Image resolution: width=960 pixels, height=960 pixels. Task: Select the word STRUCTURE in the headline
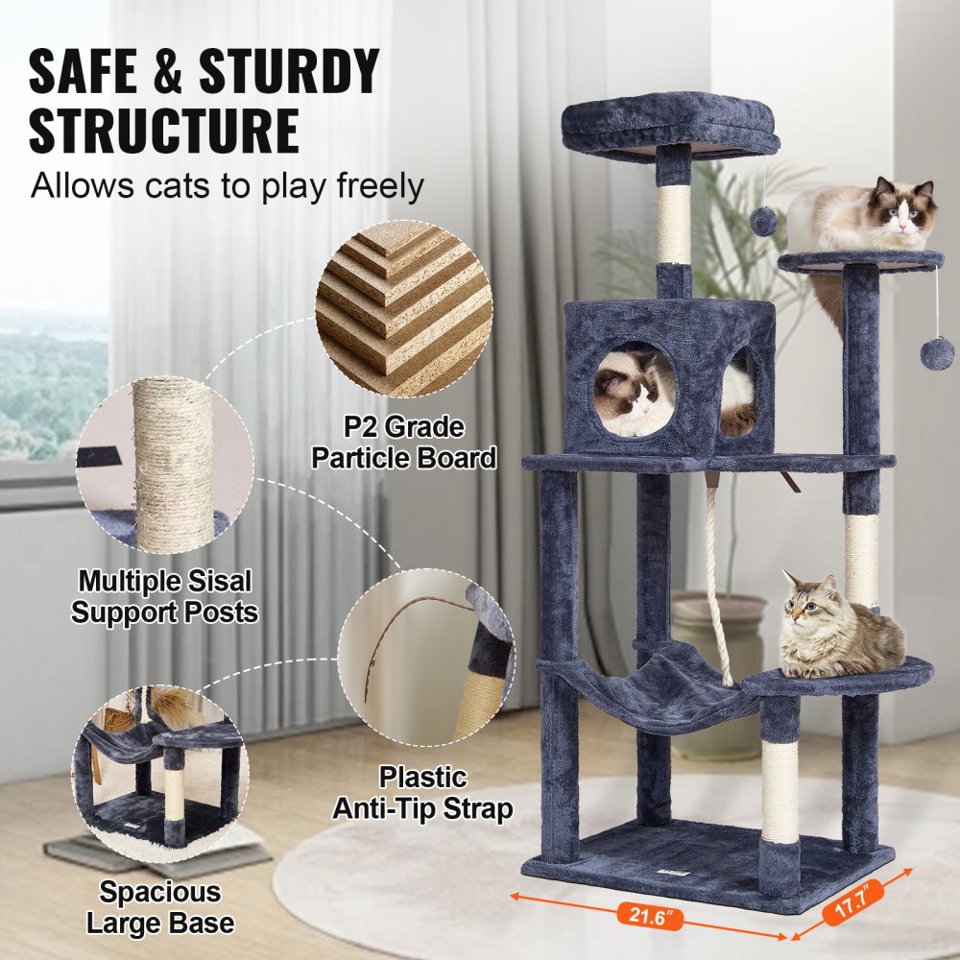163,132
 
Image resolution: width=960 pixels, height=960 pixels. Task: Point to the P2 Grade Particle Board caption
404,443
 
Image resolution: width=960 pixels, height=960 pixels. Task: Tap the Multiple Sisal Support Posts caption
165,596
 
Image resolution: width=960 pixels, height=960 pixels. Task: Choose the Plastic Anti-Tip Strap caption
423,792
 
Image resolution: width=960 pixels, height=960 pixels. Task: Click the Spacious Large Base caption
160,907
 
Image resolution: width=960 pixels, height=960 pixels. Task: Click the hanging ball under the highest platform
765,222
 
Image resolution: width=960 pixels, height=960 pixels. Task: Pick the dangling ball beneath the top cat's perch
937,352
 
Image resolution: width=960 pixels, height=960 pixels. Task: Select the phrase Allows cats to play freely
227,185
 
